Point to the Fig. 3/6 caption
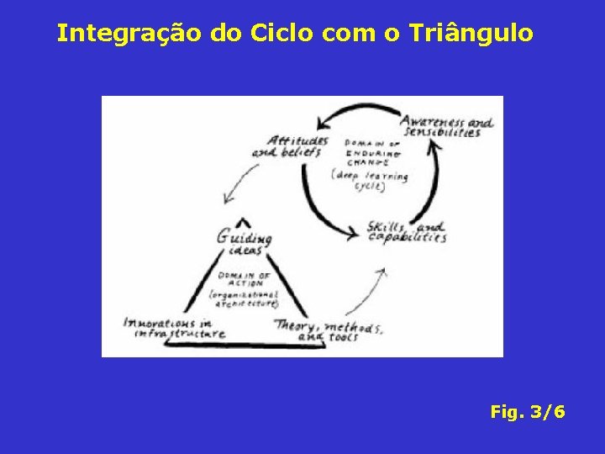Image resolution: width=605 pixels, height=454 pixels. click(x=528, y=413)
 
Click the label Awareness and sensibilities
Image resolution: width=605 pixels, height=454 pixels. click(x=445, y=126)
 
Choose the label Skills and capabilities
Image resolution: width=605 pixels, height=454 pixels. click(x=407, y=232)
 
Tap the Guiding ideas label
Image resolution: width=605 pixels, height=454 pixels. click(x=244, y=241)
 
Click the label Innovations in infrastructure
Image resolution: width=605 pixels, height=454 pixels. click(x=174, y=328)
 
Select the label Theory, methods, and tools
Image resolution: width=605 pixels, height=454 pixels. click(x=328, y=330)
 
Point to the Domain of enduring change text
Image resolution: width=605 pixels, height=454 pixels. click(x=373, y=154)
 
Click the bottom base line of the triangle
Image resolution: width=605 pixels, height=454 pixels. click(x=244, y=345)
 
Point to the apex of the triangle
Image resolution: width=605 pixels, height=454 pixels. click(x=245, y=221)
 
